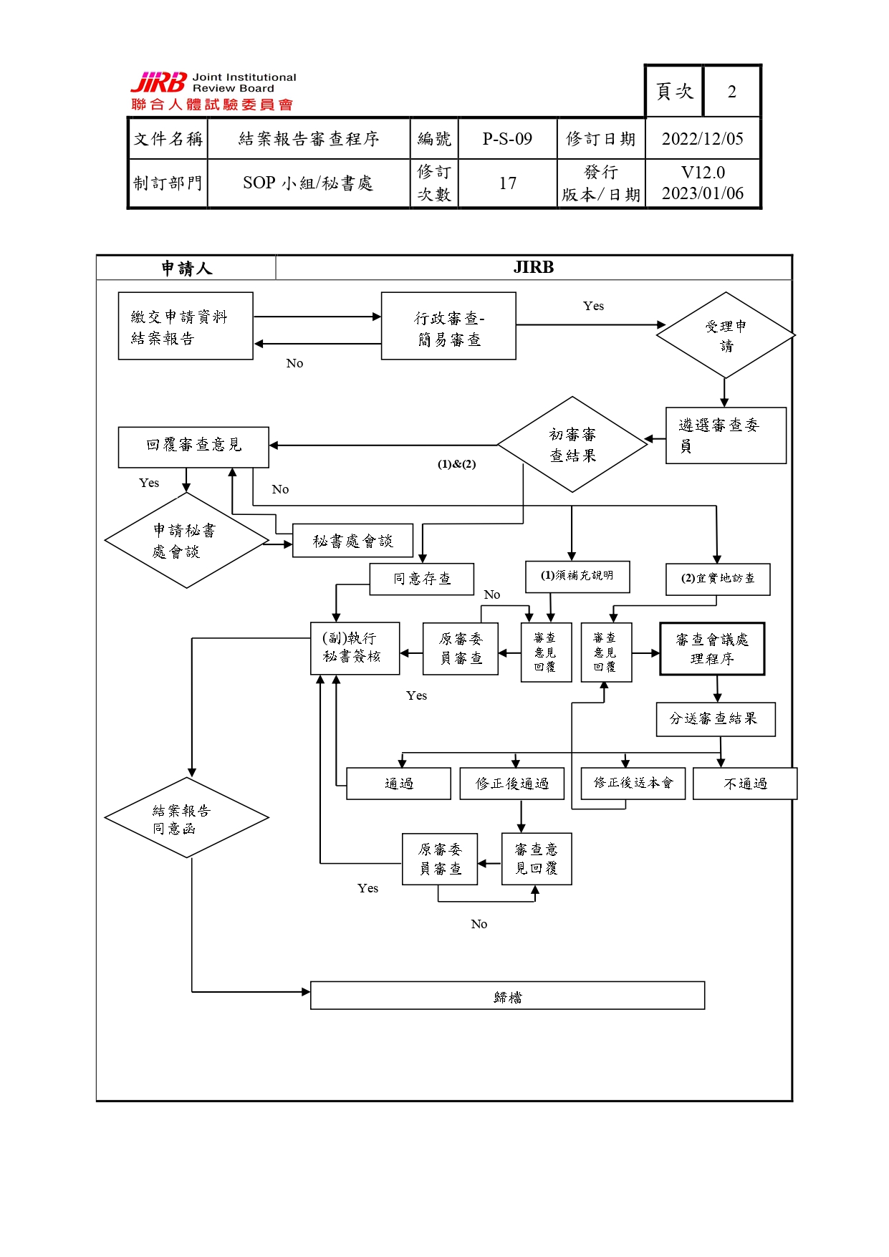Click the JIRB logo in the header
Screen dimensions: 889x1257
pyautogui.click(x=213, y=91)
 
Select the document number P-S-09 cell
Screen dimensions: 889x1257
pyautogui.click(x=507, y=139)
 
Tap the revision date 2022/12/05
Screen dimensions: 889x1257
pyautogui.click(x=702, y=139)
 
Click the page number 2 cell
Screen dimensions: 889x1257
pyautogui.click(x=731, y=92)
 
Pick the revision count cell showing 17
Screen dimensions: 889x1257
pyautogui.click(x=507, y=183)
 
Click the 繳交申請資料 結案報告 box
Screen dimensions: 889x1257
pyautogui.click(x=186, y=326)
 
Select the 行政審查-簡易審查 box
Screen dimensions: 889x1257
pyautogui.click(x=448, y=326)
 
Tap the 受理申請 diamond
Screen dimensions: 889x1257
pyautogui.click(x=726, y=334)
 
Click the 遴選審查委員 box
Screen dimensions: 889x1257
pyautogui.click(x=726, y=435)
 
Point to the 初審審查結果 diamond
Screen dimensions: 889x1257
pyautogui.click(x=572, y=444)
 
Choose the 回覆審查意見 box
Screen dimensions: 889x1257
pyautogui.click(x=193, y=447)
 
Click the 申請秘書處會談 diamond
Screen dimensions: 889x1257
pyautogui.click(x=186, y=541)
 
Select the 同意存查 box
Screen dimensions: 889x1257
pyautogui.click(x=422, y=579)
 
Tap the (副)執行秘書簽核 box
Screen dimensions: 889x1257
pyautogui.click(x=355, y=648)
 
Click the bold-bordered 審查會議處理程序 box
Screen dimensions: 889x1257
pyautogui.click(x=712, y=649)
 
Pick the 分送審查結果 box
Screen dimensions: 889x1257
pyautogui.click(x=716, y=719)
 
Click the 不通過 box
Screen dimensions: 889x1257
pyautogui.click(x=745, y=784)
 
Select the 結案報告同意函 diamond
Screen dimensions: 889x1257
pyautogui.click(x=186, y=818)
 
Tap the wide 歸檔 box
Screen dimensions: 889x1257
pyautogui.click(x=507, y=996)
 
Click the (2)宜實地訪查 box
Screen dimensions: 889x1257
pyautogui.click(x=718, y=579)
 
